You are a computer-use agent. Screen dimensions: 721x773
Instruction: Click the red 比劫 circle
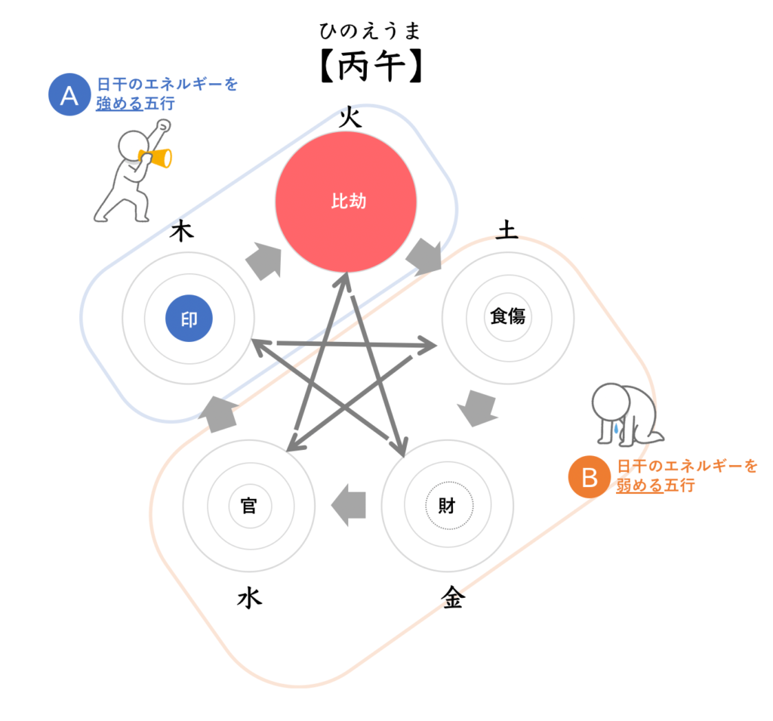tap(346, 202)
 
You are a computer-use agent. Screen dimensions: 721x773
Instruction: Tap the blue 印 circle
tap(189, 319)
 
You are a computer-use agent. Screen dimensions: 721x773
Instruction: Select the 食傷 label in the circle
tap(507, 317)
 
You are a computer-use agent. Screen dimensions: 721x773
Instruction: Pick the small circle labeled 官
tap(248, 505)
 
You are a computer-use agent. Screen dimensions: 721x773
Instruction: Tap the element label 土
tap(507, 230)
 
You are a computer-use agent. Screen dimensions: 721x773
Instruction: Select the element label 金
tap(453, 598)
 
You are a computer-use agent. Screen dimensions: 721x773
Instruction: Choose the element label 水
tap(249, 599)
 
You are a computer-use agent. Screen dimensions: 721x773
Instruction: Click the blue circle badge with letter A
tap(69, 95)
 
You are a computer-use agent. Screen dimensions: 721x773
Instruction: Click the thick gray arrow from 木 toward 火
tap(262, 261)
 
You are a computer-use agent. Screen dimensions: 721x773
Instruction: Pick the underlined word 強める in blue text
tap(119, 103)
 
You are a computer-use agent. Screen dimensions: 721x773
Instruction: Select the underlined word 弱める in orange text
tap(640, 485)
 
